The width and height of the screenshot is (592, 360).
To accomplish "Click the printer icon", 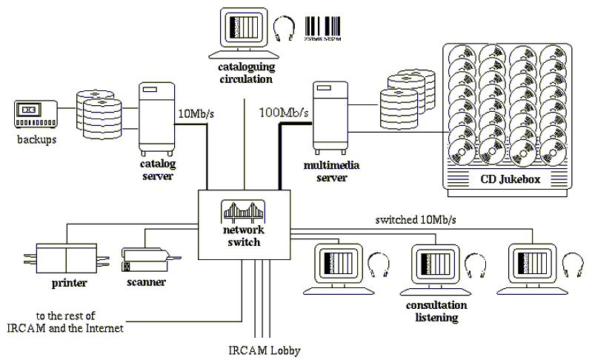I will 64,259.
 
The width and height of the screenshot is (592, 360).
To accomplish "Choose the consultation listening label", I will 436,311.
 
